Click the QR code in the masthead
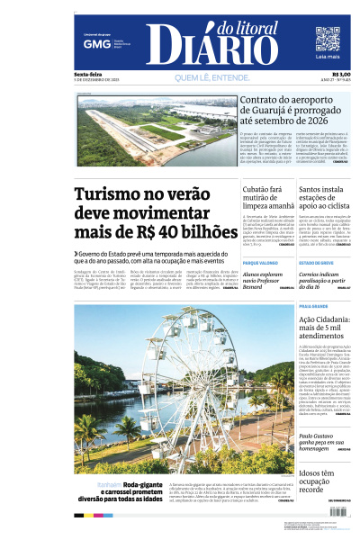tap(327, 39)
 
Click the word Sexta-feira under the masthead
tap(88, 74)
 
